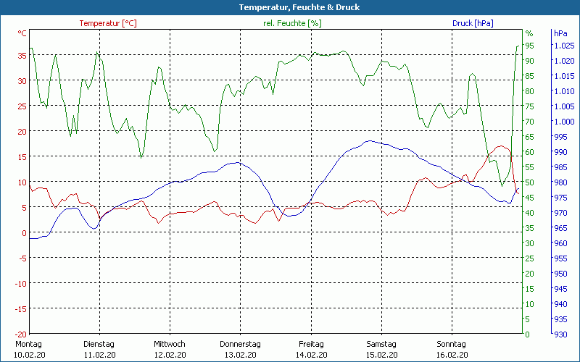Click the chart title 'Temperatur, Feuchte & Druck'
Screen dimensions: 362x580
(x=289, y=7)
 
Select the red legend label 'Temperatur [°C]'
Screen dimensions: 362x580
(x=108, y=23)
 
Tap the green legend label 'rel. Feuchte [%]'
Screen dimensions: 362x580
(x=292, y=23)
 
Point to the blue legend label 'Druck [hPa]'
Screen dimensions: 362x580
(x=473, y=23)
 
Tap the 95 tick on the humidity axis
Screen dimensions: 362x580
(x=530, y=46)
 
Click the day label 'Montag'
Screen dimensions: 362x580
(x=28, y=344)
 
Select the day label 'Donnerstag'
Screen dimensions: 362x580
(x=240, y=344)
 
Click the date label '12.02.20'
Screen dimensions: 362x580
(x=170, y=354)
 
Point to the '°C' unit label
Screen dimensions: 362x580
(x=22, y=33)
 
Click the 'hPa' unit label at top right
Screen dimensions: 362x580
(x=560, y=33)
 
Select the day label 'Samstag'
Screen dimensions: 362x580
(x=381, y=344)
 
